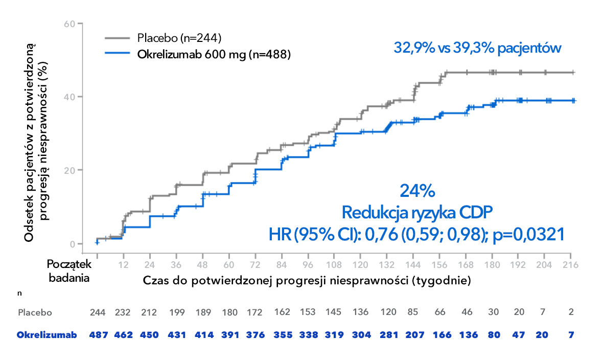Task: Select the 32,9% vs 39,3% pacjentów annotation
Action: click(478, 48)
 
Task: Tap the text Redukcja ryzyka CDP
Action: click(417, 212)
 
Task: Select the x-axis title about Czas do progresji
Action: click(306, 280)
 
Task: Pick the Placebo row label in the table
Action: click(35, 312)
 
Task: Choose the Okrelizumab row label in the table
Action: click(47, 335)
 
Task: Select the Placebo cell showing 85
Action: click(412, 312)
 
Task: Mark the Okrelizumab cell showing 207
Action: click(412, 335)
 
